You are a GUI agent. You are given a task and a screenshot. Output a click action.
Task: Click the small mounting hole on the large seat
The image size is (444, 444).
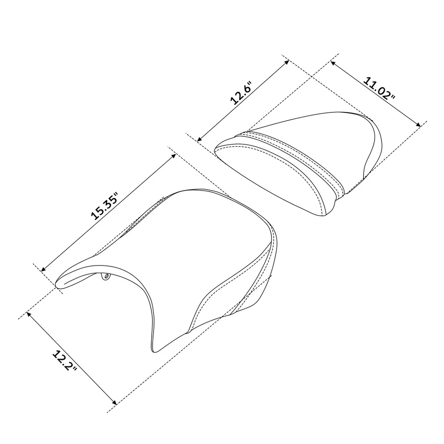tap(106, 277)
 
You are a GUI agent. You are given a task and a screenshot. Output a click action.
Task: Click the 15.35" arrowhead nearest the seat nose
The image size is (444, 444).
tap(43, 270)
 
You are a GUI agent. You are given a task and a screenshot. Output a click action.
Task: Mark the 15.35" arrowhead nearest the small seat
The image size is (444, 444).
tap(174, 155)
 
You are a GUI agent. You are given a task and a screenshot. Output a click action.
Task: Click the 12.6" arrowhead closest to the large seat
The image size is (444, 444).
tap(199, 140)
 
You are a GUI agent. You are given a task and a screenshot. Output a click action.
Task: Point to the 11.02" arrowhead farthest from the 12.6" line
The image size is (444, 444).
tap(419, 124)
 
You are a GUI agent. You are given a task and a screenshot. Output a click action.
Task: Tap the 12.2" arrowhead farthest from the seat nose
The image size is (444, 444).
tap(115, 402)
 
